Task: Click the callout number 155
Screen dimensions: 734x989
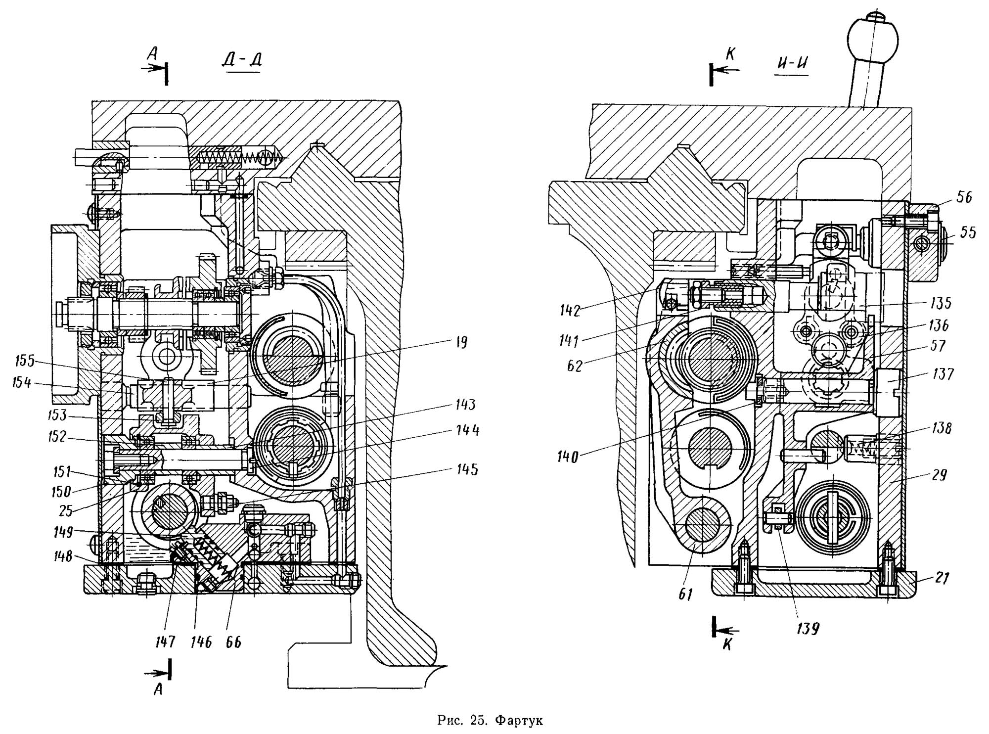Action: click(x=25, y=362)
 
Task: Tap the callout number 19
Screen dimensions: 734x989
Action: click(x=461, y=342)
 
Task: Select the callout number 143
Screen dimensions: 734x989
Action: click(x=465, y=405)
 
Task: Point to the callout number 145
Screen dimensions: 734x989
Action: click(x=468, y=469)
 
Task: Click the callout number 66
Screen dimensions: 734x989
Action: click(x=233, y=642)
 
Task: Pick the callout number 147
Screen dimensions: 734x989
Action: click(x=165, y=642)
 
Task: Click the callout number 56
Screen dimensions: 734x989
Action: click(x=964, y=197)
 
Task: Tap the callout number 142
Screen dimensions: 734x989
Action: click(x=570, y=310)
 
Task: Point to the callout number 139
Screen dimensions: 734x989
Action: click(x=807, y=629)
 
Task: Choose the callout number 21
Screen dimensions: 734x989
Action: click(x=943, y=577)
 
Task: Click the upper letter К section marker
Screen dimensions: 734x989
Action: click(x=730, y=54)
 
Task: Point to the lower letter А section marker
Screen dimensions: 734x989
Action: click(x=158, y=689)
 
